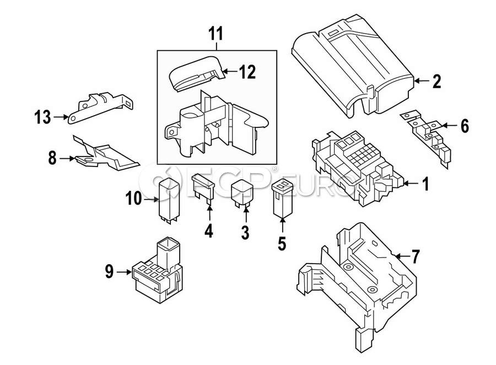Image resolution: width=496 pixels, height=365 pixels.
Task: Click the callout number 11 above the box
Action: point(216,34)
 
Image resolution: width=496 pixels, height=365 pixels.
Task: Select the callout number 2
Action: point(437,82)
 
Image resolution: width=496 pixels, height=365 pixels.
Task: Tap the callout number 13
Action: point(42,117)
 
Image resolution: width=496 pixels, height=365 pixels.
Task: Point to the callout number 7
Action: point(415,256)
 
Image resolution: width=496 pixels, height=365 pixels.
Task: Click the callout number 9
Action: point(109,272)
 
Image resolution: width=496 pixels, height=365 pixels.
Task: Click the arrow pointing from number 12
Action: point(229,72)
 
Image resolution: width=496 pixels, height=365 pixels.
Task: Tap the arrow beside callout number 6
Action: point(449,126)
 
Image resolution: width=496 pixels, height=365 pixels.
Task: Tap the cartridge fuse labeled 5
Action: point(283,199)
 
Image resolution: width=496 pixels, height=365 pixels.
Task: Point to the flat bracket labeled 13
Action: point(101,108)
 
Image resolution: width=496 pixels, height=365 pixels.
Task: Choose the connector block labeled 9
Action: point(157,271)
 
